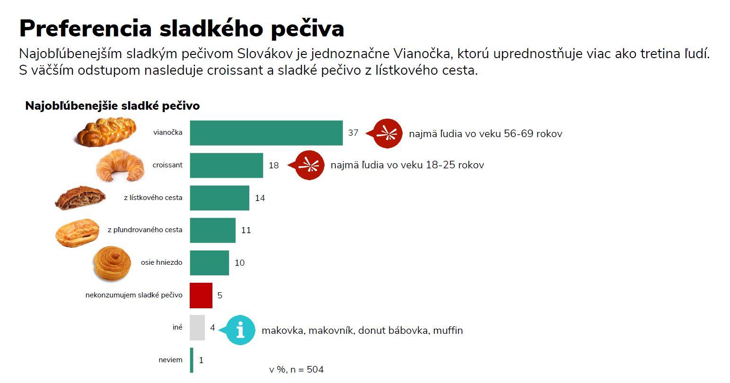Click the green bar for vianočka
click(266, 133)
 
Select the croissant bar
click(226, 165)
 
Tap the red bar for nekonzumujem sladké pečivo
click(201, 295)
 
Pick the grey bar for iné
click(197, 328)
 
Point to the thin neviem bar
click(192, 360)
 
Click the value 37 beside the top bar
click(353, 133)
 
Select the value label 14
click(260, 198)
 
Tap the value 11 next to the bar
click(246, 230)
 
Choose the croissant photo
click(120, 165)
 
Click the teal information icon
click(240, 330)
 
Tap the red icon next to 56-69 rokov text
click(388, 133)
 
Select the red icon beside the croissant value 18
click(309, 165)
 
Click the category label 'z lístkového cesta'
click(153, 198)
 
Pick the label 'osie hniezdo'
click(161, 263)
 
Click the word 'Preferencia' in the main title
click(86, 28)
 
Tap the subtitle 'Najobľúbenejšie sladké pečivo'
click(113, 106)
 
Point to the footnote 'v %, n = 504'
click(297, 370)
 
